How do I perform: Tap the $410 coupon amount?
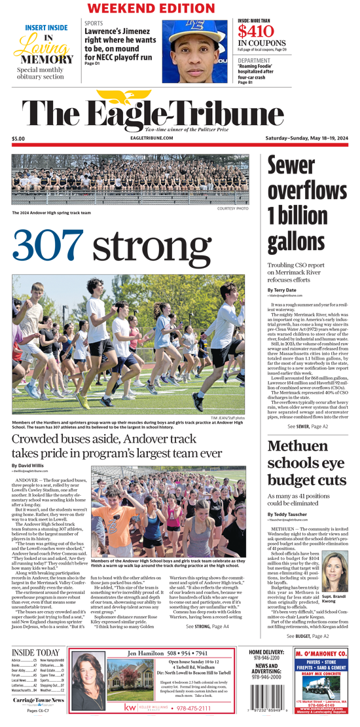pyautogui.click(x=257, y=32)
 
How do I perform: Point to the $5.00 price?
pyautogui.click(x=18, y=139)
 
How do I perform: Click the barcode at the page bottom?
pyautogui.click(x=266, y=703)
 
